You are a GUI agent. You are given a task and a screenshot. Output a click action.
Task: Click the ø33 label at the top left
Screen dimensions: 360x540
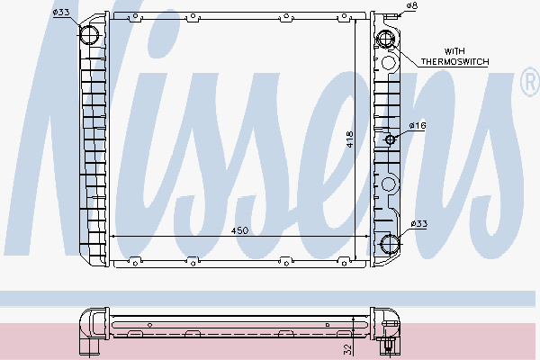[61, 12]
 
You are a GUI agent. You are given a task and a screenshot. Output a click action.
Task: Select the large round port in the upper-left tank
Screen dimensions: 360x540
[92, 36]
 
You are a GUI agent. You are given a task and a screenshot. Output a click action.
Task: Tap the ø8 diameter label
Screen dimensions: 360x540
[411, 6]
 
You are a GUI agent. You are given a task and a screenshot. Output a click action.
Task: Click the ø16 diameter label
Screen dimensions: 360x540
[417, 126]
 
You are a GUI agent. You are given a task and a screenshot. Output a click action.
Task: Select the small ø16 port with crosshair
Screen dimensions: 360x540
[390, 139]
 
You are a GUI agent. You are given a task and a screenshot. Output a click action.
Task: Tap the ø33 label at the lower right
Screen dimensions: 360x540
[418, 223]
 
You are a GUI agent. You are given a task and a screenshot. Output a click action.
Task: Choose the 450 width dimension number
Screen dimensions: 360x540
[239, 230]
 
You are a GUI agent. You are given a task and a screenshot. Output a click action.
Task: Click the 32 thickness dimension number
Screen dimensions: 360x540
[346, 346]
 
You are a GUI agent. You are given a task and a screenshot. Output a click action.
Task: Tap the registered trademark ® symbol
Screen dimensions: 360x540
[528, 84]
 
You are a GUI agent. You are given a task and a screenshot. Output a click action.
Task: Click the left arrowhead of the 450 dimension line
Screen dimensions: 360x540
[112, 236]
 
